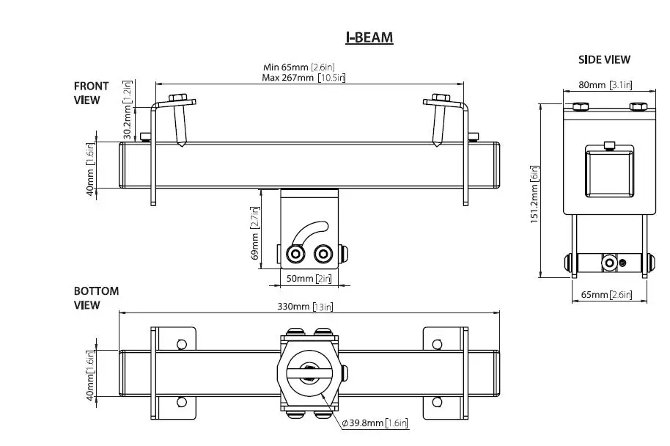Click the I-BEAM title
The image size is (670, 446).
369,37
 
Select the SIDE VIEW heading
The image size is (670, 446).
605,60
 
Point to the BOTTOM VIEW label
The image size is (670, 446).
95,299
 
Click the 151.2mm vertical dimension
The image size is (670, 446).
535,191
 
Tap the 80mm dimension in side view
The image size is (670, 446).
605,85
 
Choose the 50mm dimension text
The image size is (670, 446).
308,279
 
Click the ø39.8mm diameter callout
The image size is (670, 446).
374,423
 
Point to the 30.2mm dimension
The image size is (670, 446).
128,111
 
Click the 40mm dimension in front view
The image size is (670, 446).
89,164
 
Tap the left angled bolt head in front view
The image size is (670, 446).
178,98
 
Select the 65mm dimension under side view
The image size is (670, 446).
605,295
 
